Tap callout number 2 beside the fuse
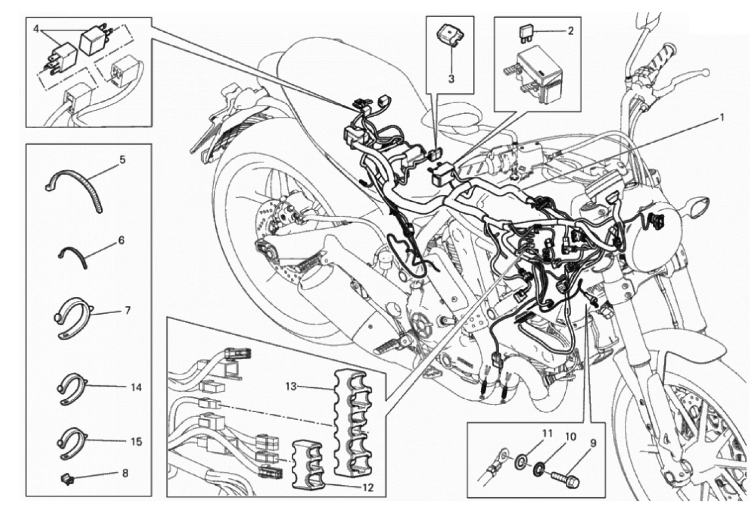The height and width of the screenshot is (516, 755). tap(571, 31)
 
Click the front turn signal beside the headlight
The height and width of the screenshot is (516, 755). tap(696, 206)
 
